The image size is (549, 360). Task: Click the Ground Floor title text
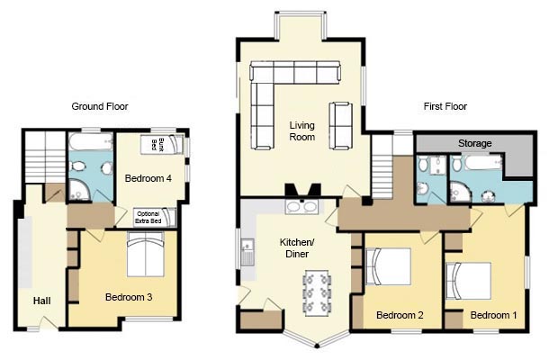pyautogui.click(x=100, y=106)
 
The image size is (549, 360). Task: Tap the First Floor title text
pyautogui.click(x=445, y=106)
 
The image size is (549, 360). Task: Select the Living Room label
pyautogui.click(x=301, y=131)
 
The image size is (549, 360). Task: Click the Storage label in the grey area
pyautogui.click(x=475, y=143)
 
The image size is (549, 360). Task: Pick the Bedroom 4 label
pyautogui.click(x=148, y=178)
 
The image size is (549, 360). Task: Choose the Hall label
pyautogui.click(x=42, y=301)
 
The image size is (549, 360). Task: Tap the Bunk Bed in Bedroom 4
pyautogui.click(x=162, y=144)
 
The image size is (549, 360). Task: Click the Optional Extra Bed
pyautogui.click(x=155, y=217)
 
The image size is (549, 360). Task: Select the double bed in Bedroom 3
pyautogui.click(x=145, y=254)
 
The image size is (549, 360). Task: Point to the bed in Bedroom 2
pyautogui.click(x=388, y=266)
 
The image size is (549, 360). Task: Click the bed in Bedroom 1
pyautogui.click(x=469, y=281)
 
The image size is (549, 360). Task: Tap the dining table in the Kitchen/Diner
pyautogui.click(x=317, y=292)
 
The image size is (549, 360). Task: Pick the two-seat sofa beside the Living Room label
pyautogui.click(x=341, y=126)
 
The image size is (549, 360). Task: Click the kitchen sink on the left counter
pyautogui.click(x=247, y=252)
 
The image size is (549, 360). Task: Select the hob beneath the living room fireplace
pyautogui.click(x=301, y=207)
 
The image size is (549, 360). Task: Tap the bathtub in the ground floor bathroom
pyautogui.click(x=91, y=142)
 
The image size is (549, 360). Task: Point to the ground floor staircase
pyautogui.click(x=45, y=157)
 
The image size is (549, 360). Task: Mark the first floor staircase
pyautogui.click(x=382, y=167)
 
